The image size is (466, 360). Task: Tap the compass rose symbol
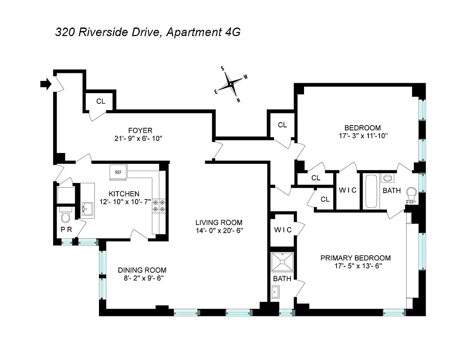231,84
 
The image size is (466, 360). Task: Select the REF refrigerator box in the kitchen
118,172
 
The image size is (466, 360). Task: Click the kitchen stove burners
159,206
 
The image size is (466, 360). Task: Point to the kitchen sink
88,209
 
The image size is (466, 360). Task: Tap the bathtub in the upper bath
371,191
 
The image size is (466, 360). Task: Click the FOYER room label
140,130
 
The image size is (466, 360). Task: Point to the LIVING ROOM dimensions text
219,230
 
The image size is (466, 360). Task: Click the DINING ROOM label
142,270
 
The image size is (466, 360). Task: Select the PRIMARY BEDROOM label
355,258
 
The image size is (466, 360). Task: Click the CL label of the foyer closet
101,101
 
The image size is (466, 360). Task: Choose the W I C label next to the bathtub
347,190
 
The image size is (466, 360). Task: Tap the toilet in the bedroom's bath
411,194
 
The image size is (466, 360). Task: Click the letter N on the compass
238,100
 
